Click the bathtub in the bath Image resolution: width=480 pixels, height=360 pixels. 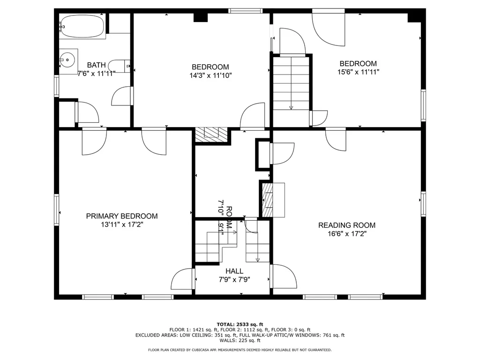tap(82, 26)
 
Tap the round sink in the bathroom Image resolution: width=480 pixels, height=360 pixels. tap(67, 60)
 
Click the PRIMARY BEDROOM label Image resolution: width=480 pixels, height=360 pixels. tap(122, 216)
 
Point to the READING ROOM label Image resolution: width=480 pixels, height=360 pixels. tap(347, 225)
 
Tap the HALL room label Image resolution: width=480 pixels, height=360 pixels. tap(234, 271)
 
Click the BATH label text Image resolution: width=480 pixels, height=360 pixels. tap(97, 65)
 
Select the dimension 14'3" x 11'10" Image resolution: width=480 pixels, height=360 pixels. tap(210, 75)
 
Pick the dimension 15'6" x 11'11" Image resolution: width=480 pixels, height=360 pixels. tap(358, 72)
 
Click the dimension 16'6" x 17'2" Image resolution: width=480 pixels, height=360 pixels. tap(347, 234)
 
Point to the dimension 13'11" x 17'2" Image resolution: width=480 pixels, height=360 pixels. tap(122, 225)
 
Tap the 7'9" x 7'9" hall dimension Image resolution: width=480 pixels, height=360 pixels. tap(234, 279)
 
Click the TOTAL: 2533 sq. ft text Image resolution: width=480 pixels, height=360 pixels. tap(240, 324)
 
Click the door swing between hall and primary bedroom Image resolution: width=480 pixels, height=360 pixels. tap(183, 278)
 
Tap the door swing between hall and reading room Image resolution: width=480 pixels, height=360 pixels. tap(284, 276)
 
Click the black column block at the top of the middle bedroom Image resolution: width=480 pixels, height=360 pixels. tap(201, 17)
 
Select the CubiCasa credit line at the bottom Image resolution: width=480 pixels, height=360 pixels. tap(240, 350)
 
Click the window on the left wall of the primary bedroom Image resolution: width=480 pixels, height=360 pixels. tap(57, 210)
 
